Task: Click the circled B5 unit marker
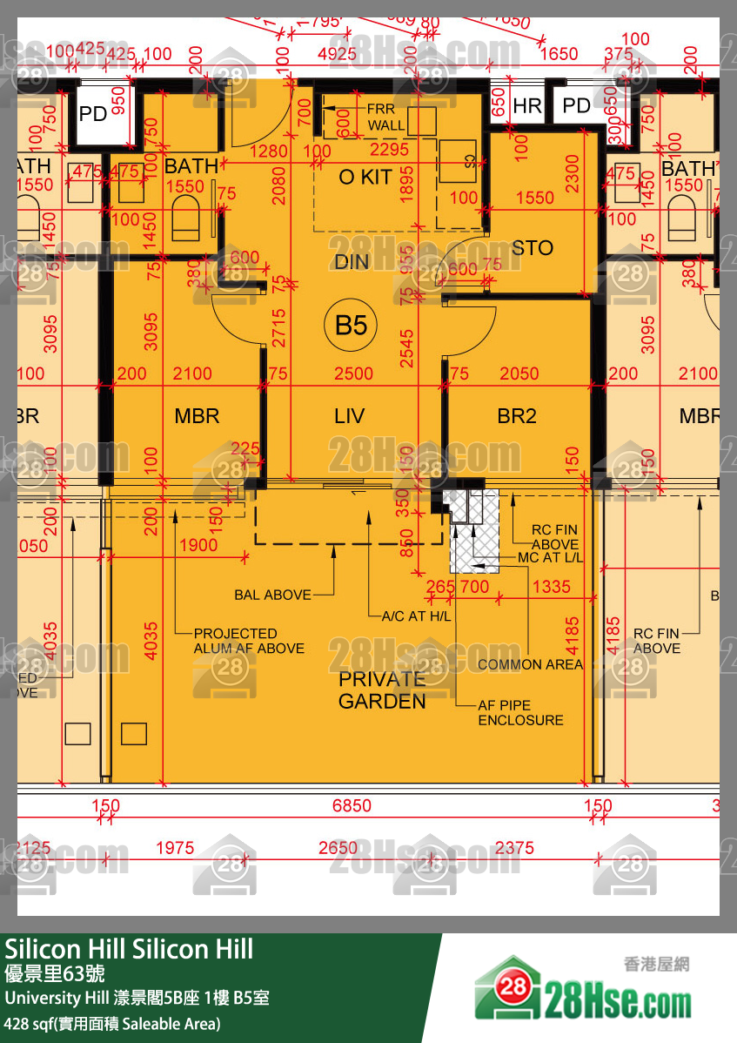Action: click(x=352, y=326)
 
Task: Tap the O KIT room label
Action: click(x=365, y=177)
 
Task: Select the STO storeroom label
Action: click(x=532, y=248)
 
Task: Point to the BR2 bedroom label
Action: click(x=517, y=416)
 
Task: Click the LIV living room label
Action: click(x=349, y=416)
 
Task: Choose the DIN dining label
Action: click(x=351, y=262)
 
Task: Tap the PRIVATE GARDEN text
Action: click(x=382, y=690)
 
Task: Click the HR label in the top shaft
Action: click(x=527, y=106)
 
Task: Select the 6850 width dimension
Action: click(x=352, y=806)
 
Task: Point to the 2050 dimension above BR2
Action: click(x=520, y=373)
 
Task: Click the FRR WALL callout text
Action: click(x=385, y=118)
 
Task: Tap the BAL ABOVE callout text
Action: click(x=272, y=596)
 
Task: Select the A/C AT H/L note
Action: click(x=417, y=616)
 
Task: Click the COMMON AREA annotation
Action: click(x=531, y=664)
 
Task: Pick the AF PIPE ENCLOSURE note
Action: click(x=520, y=713)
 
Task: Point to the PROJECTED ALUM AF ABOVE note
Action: click(x=249, y=641)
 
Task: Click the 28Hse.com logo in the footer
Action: click(x=583, y=998)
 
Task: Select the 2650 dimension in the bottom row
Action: click(x=338, y=848)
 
